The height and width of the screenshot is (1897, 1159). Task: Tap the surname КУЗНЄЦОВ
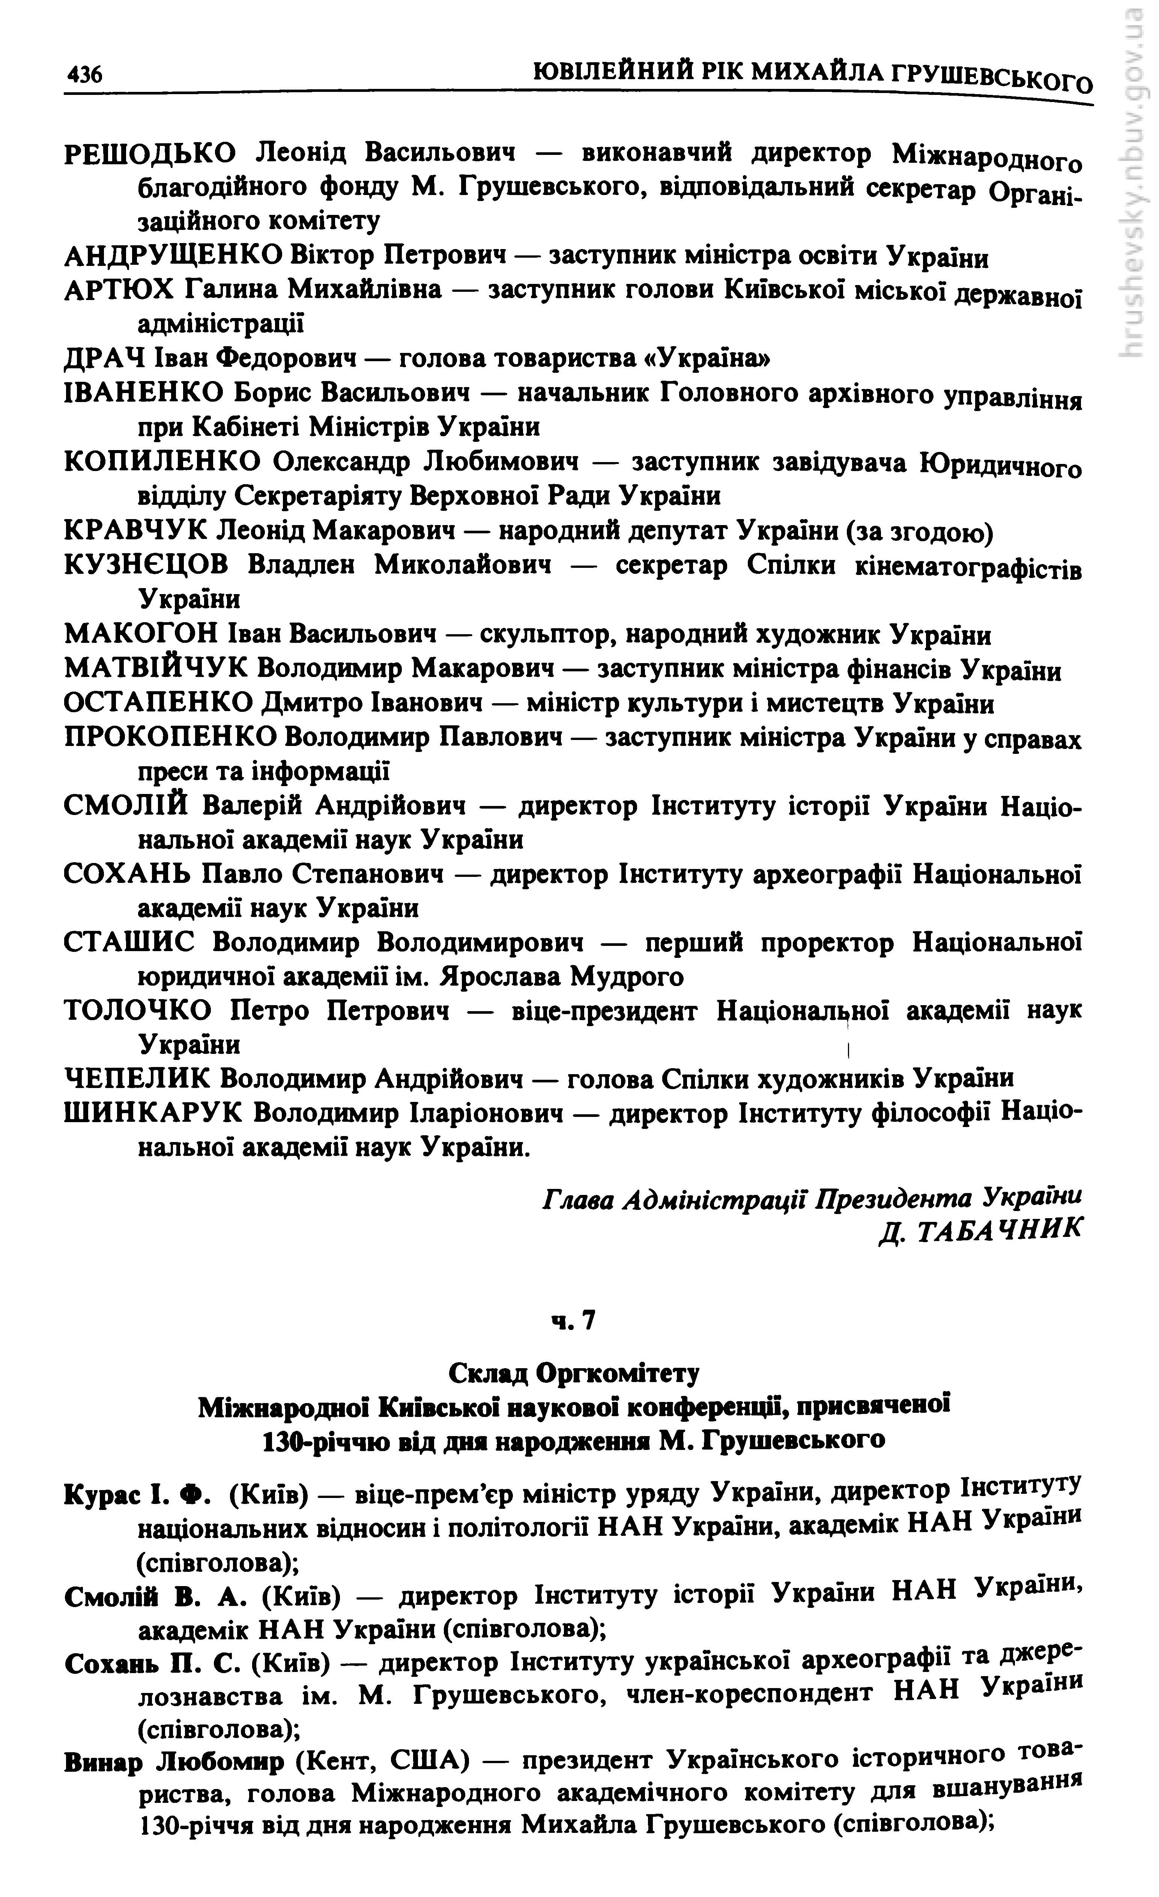point(146,565)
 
